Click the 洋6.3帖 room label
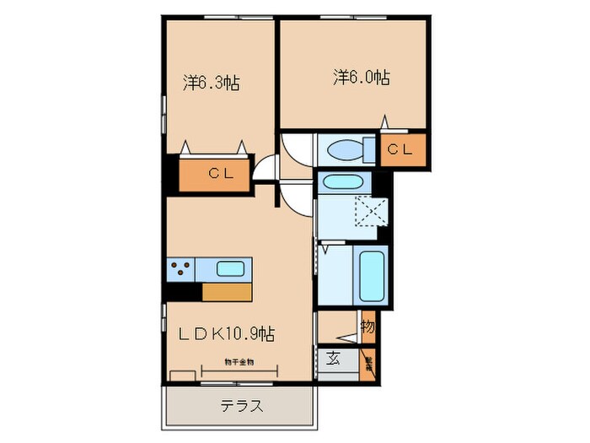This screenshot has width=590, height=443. tap(211, 83)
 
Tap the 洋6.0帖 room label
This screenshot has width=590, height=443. tap(361, 78)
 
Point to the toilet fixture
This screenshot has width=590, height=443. tap(348, 150)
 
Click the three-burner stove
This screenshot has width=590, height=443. tap(180, 270)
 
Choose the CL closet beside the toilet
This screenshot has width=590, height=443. tap(401, 150)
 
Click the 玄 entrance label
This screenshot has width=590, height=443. tap(333, 358)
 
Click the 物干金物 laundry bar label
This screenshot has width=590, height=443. tap(239, 362)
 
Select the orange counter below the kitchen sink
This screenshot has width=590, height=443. tap(227, 291)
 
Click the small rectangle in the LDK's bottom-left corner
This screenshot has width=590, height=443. tap(181, 375)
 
